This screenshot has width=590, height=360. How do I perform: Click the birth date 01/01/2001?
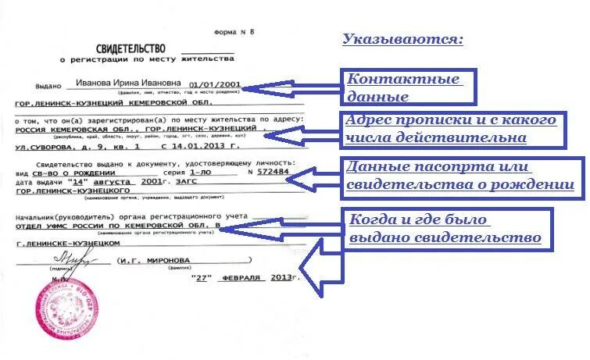coord(214,84)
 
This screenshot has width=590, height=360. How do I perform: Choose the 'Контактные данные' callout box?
coord(407,87)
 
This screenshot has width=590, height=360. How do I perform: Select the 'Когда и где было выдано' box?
coord(445,227)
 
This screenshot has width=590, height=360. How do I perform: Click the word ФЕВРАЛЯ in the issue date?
coord(242,277)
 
